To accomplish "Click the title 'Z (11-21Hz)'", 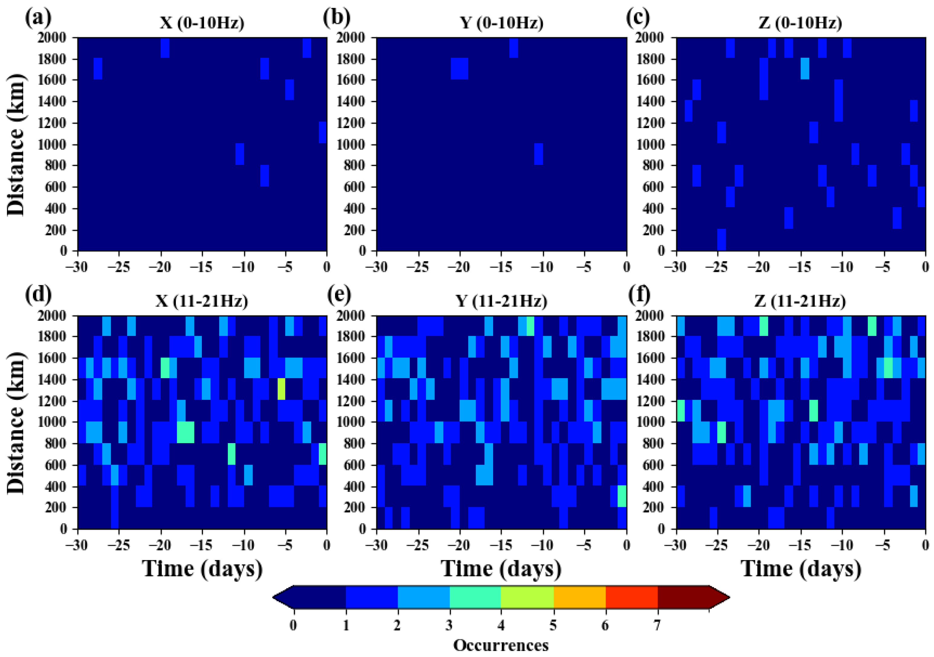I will [800, 301].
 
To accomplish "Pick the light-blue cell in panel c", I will [805, 68].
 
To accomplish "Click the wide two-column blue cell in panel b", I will [460, 68].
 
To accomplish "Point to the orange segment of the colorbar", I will [580, 597].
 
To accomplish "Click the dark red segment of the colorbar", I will [684, 597].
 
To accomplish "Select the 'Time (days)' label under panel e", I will [501, 569].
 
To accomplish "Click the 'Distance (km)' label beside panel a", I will [16, 145].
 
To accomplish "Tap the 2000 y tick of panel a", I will [52, 38].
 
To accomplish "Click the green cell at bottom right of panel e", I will [622, 496].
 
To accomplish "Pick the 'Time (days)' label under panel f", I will [800, 569].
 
